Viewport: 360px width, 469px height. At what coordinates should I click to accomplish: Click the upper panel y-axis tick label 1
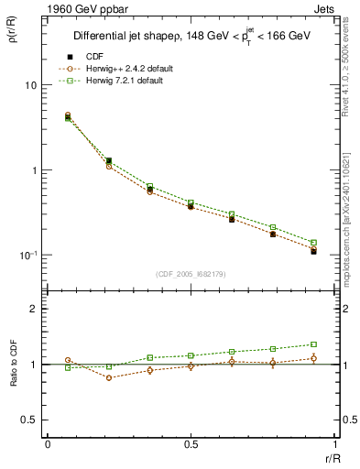33,170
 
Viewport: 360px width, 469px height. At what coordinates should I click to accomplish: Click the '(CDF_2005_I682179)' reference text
191,273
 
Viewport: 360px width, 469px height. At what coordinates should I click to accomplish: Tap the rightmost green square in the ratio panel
313,344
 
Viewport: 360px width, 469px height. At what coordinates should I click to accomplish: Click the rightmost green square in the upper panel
313,243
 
